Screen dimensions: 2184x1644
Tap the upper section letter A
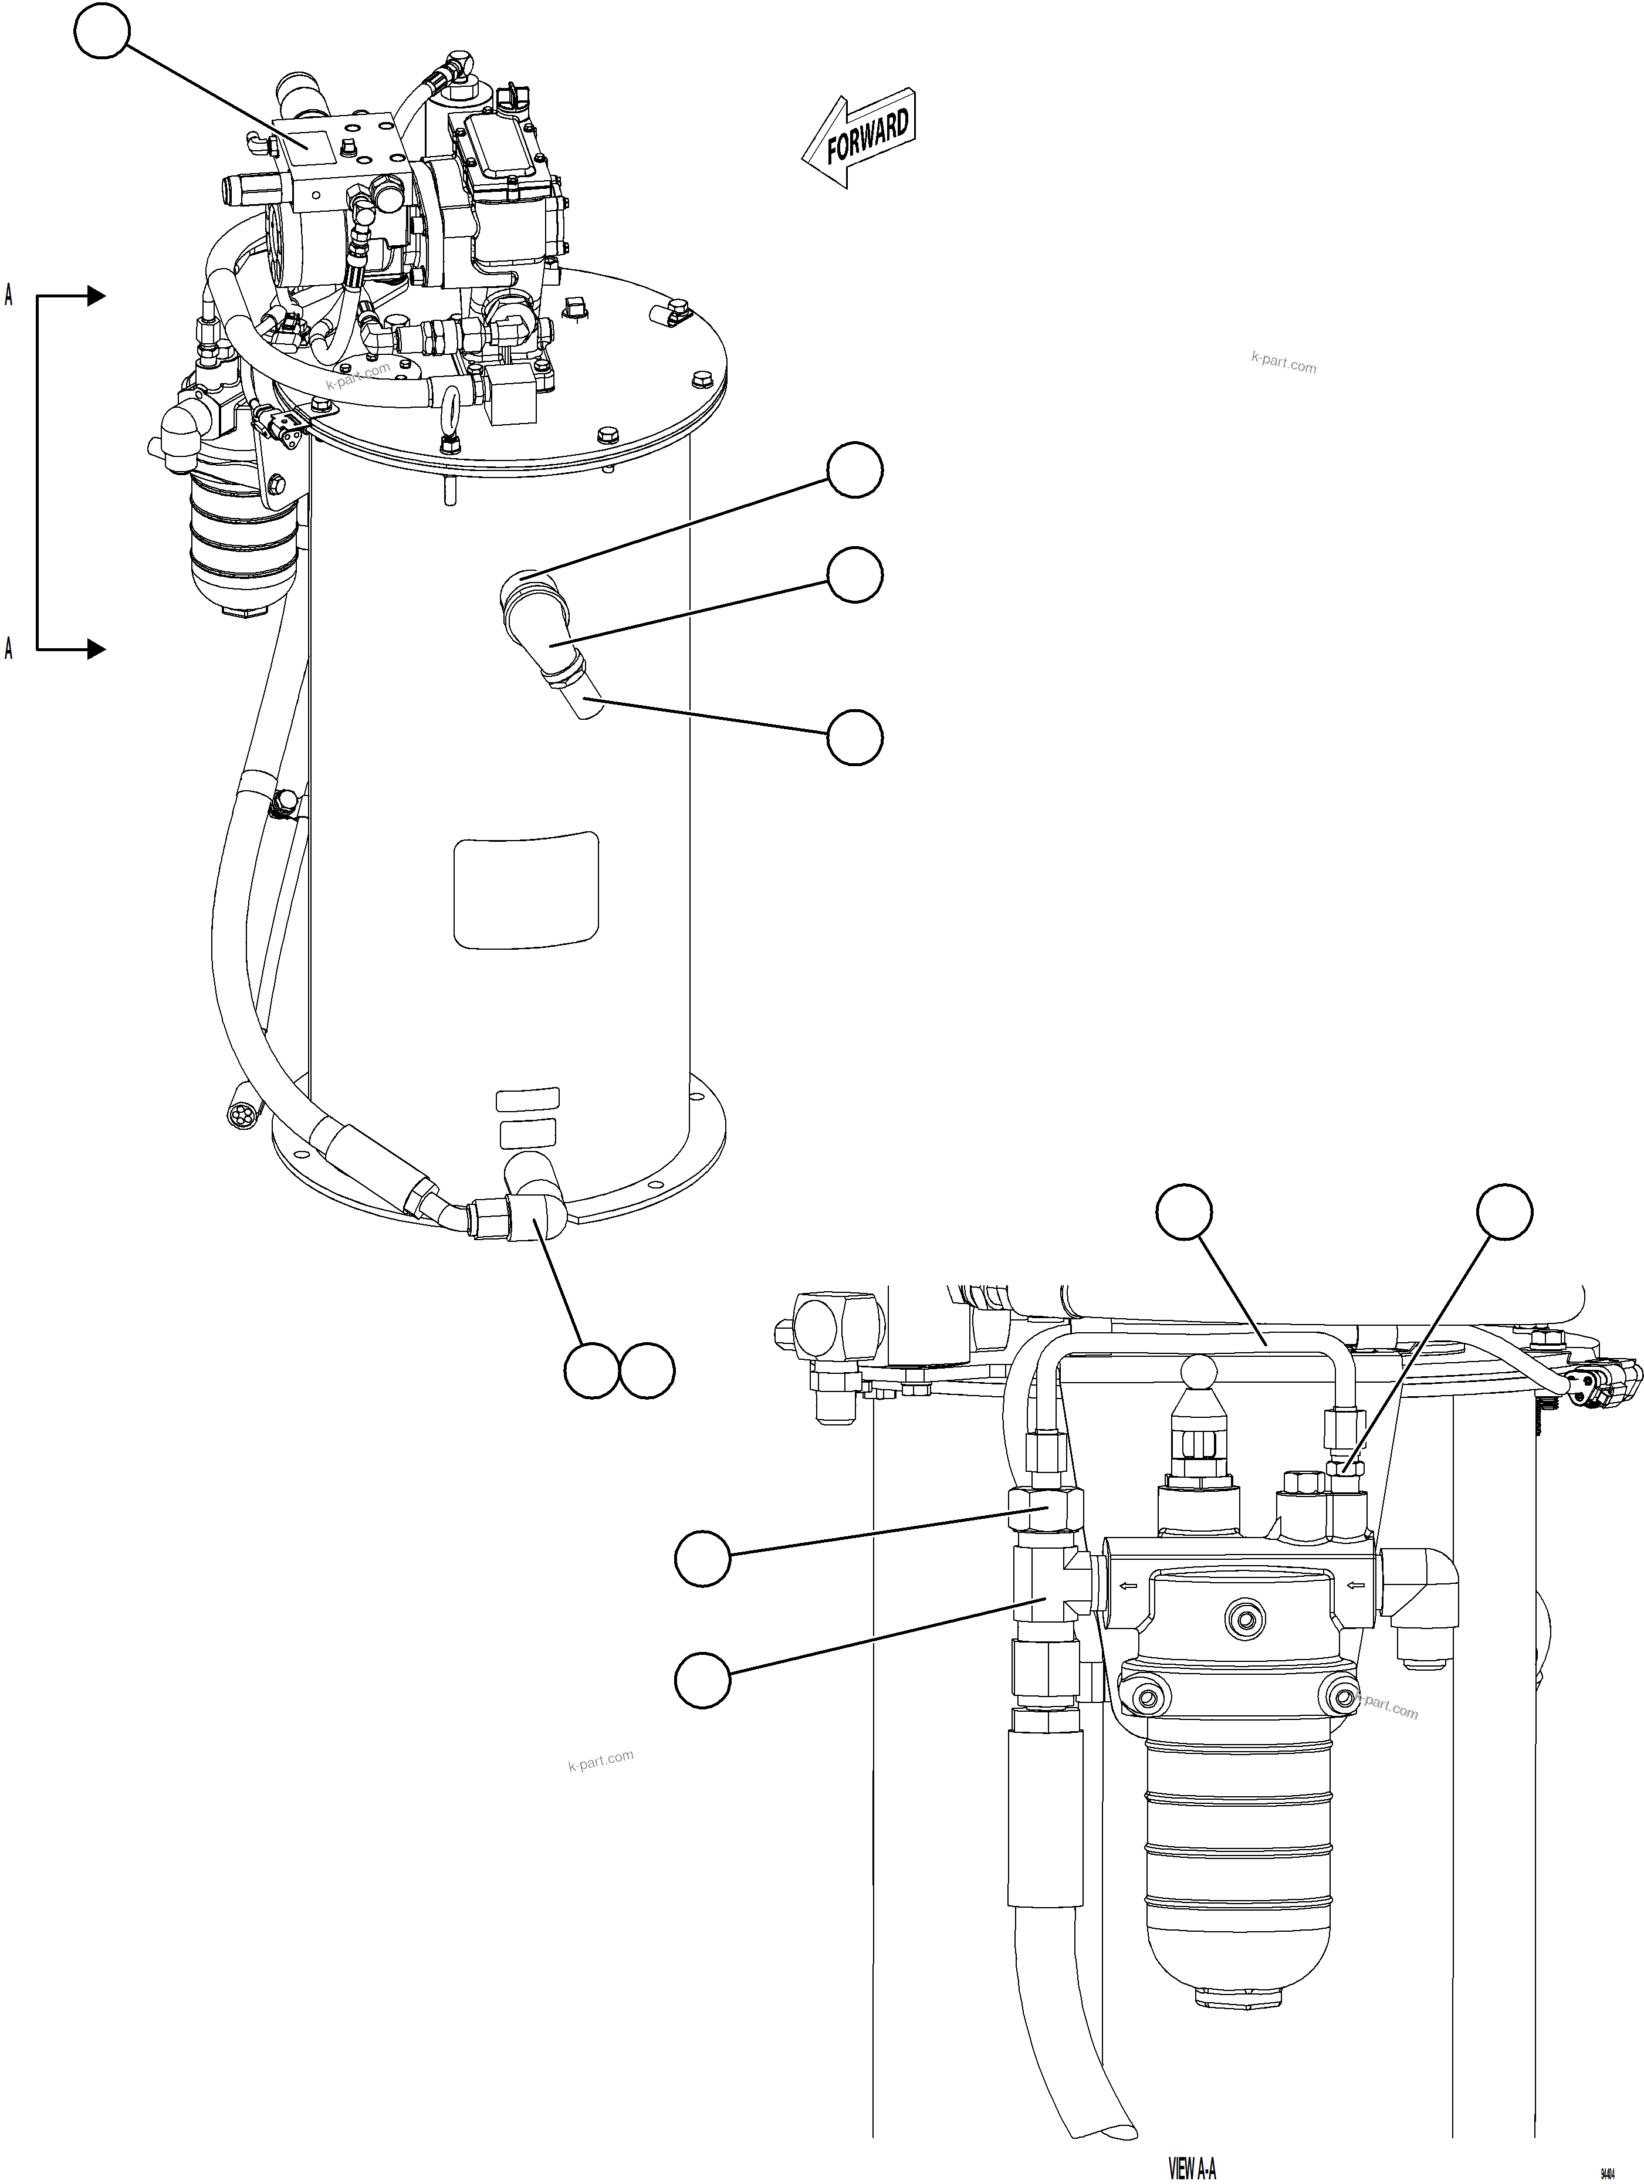[9, 294]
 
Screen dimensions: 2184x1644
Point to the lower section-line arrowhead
[95, 649]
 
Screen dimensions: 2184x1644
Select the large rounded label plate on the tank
[525, 889]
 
